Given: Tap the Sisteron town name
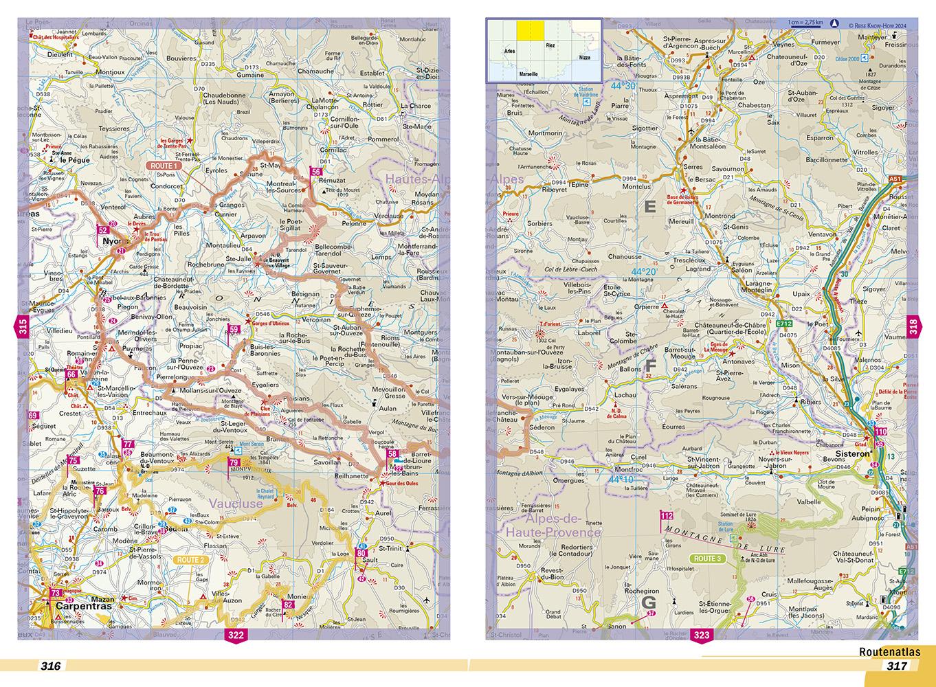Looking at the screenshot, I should pos(852,454).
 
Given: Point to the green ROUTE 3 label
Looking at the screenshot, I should pos(706,559).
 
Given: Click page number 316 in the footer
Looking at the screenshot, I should pos(51,666).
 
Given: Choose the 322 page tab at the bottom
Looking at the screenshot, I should pos(236,635).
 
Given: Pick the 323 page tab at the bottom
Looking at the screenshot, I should pos(702,635).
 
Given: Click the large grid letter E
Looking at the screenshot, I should pos(649,205).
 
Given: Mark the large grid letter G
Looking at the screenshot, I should pos(648,602).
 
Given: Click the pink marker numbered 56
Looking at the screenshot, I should pos(315,172).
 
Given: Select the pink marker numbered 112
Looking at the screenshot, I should pos(665,516).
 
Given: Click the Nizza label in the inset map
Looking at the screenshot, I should pos(584,58).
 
